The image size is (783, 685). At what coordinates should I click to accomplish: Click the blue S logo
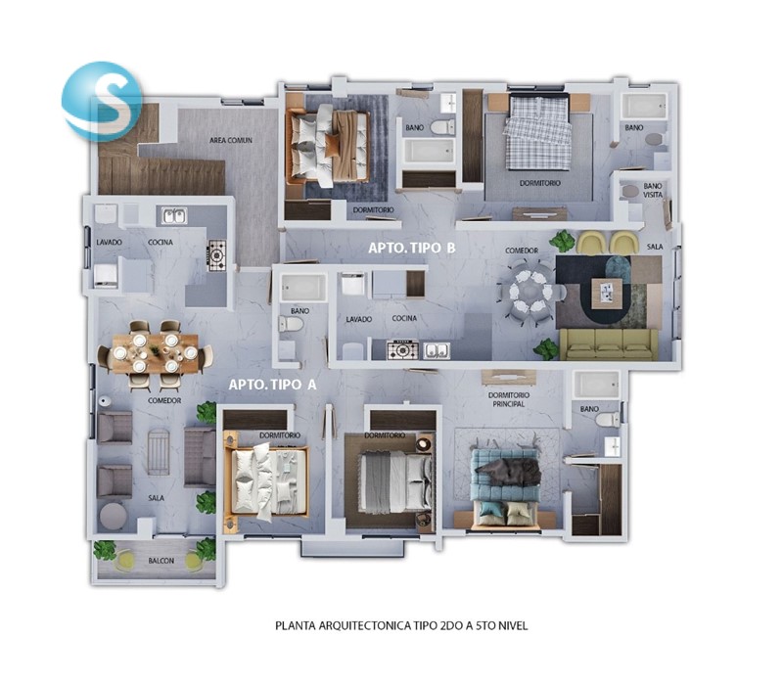[x=102, y=100]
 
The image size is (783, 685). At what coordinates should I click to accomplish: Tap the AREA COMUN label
[x=231, y=140]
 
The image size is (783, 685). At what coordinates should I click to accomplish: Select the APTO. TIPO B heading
[x=412, y=248]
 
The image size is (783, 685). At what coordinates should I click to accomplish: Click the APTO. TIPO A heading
[x=273, y=385]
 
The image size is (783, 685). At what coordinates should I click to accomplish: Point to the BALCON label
[x=161, y=561]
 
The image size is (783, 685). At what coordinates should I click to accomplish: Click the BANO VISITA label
[x=653, y=190]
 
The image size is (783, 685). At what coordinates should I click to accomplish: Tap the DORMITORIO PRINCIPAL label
[x=509, y=399]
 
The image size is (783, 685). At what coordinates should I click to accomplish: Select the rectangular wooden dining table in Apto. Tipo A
[x=156, y=353]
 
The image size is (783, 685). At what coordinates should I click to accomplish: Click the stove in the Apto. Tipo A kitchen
[x=217, y=255]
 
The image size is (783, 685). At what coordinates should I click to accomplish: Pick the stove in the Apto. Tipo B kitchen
[x=403, y=349]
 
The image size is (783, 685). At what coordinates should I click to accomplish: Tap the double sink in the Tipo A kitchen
[x=174, y=215]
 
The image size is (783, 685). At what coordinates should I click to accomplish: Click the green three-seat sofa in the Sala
[x=608, y=344]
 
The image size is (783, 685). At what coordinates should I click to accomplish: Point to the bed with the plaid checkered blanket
[x=537, y=133]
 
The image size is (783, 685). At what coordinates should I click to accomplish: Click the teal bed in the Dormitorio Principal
[x=505, y=487]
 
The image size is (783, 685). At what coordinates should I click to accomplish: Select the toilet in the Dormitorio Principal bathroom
[x=608, y=419]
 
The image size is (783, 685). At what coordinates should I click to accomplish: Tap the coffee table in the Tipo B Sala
[x=607, y=293]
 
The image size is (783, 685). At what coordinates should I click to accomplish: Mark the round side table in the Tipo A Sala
[x=114, y=517]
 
